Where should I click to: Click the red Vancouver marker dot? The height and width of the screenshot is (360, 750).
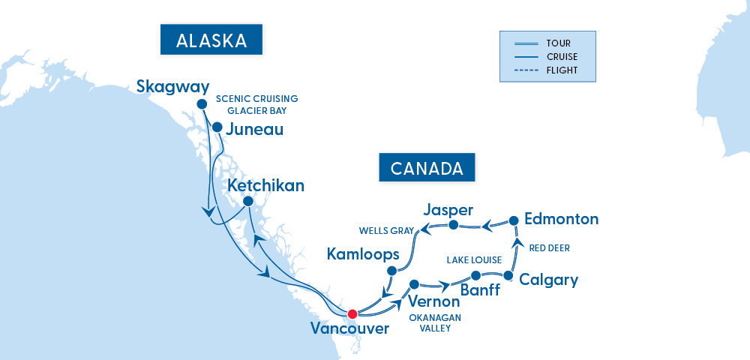click(352, 313)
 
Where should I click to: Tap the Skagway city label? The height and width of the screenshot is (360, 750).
click(172, 87)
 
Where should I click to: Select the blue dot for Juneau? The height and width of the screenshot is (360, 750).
click(217, 127)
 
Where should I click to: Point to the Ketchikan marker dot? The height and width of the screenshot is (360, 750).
click(247, 201)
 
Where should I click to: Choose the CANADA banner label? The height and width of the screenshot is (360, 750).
click(427, 168)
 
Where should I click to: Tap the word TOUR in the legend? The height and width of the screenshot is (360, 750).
click(558, 43)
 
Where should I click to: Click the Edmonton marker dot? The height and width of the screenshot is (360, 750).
click(514, 220)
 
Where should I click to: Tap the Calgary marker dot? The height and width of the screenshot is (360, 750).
click(508, 276)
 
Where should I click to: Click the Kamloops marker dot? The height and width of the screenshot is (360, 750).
click(391, 270)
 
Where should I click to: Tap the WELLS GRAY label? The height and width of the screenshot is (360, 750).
click(385, 231)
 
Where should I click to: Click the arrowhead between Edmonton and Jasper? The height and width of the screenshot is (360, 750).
click(485, 224)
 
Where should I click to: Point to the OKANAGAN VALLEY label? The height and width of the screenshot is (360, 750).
click(435, 322)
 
